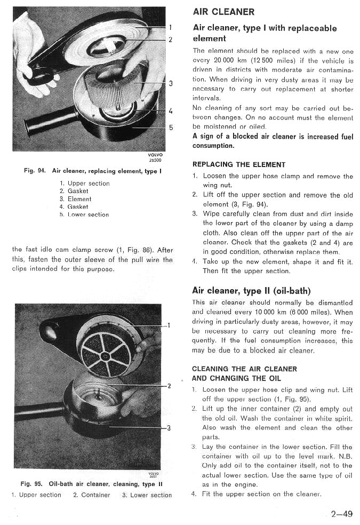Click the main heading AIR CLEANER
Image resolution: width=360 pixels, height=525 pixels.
point(223,12)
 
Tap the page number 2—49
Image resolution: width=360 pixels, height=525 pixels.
point(341,514)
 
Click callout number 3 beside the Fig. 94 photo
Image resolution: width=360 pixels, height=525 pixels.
point(171,83)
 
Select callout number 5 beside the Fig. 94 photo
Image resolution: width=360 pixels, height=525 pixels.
point(171,128)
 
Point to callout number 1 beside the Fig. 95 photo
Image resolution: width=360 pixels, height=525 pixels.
point(169,325)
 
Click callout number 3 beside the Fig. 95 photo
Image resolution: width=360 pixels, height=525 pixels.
point(169,427)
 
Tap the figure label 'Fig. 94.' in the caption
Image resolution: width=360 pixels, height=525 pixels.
point(36,171)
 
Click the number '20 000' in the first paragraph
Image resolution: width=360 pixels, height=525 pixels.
point(226,61)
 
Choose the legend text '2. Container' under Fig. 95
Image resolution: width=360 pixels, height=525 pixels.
point(92,495)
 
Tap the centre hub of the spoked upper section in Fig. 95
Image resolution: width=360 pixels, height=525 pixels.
point(105,356)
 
